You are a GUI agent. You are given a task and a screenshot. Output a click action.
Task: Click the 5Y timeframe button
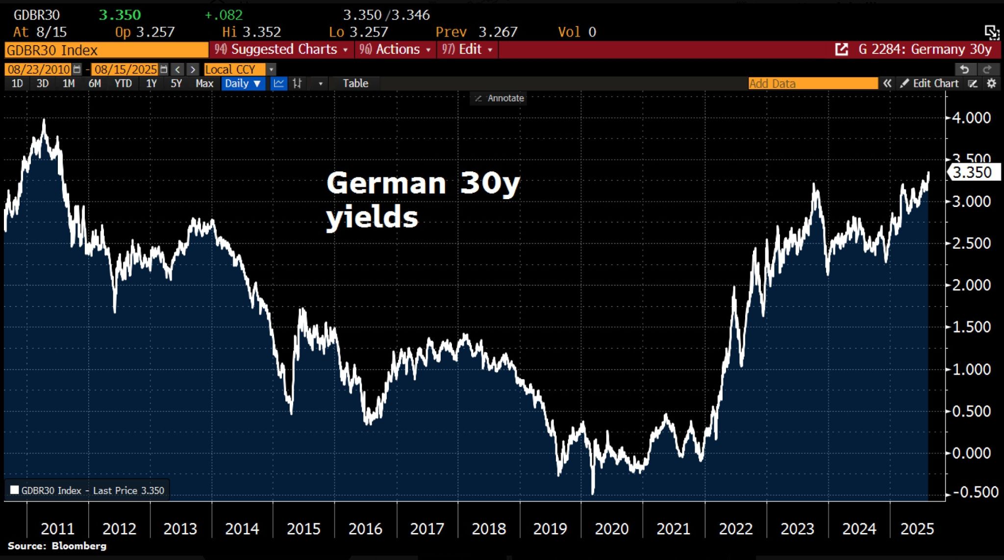tap(176, 83)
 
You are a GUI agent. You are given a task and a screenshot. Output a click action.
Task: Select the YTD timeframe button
tap(123, 83)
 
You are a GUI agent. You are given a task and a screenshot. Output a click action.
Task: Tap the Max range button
tap(204, 83)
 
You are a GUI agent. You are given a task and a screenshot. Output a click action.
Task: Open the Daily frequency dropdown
tap(243, 83)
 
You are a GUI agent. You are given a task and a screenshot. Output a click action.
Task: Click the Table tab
tap(355, 83)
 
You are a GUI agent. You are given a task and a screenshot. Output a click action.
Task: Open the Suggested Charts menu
tap(281, 50)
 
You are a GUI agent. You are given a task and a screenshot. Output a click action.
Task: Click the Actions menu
tap(395, 50)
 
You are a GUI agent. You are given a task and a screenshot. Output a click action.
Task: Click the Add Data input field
tap(812, 83)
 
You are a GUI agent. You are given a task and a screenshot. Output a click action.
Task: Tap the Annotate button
tap(500, 98)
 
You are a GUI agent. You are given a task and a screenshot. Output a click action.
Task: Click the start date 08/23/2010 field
tap(39, 69)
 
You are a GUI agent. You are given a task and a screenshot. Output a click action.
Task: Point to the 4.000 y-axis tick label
tap(971, 118)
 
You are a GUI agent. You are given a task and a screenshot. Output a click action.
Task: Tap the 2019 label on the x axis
tap(550, 529)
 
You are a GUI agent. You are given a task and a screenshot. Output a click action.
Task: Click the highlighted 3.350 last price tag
tap(973, 173)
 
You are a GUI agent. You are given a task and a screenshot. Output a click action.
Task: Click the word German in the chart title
tap(386, 183)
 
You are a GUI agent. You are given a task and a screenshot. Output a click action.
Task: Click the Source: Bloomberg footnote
tap(57, 546)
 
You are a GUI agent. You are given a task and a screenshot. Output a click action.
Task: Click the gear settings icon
tap(991, 83)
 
